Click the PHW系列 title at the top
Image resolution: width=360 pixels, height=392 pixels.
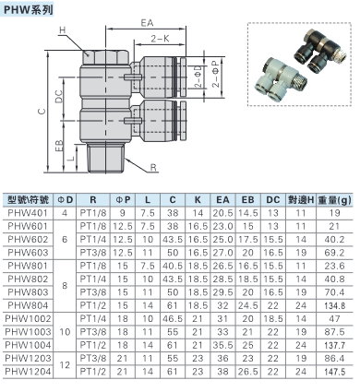[29, 10]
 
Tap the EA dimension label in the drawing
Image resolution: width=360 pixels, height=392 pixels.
[147, 23]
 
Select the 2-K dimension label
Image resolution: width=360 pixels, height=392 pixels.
[160, 39]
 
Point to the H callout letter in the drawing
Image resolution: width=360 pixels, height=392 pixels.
[63, 30]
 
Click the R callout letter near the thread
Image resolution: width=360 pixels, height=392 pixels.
[153, 168]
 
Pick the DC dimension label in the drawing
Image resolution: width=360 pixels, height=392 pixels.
[58, 97]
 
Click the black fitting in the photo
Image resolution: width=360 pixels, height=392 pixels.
[320, 52]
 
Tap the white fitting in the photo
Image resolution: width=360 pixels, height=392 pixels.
[279, 79]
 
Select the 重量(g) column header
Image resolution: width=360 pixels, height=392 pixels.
[334, 200]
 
